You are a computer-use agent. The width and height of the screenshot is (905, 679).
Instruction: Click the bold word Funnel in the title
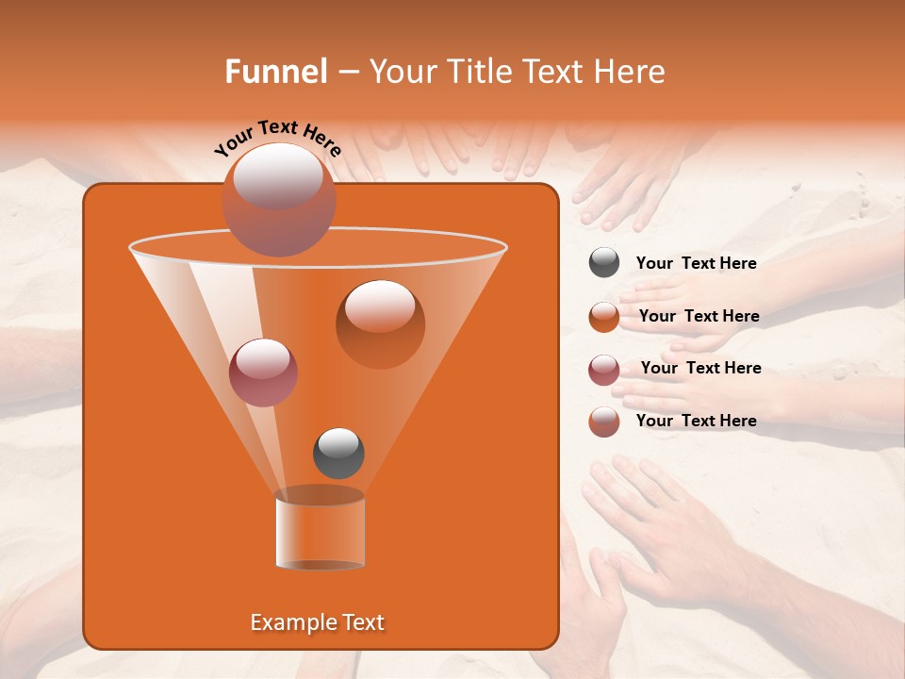pyautogui.click(x=276, y=72)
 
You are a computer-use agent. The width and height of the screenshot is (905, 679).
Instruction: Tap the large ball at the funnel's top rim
pyautogui.click(x=278, y=199)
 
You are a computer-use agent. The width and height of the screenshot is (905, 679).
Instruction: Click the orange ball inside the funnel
pyautogui.click(x=380, y=323)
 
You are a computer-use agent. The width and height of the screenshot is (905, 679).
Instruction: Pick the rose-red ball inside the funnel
pyautogui.click(x=263, y=372)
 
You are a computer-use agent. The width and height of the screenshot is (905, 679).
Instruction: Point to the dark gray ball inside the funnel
pyautogui.click(x=338, y=453)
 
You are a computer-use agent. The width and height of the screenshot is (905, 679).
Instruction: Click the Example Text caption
pyautogui.click(x=317, y=622)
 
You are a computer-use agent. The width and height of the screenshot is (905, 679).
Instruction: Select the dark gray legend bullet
pyautogui.click(x=604, y=263)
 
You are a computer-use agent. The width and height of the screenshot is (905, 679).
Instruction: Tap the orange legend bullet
pyautogui.click(x=604, y=316)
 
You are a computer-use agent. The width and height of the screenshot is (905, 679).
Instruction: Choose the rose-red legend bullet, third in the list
pyautogui.click(x=604, y=369)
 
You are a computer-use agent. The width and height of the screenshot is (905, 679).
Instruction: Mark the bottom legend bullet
pyautogui.click(x=604, y=422)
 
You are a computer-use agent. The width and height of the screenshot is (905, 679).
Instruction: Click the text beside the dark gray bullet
pyautogui.click(x=696, y=264)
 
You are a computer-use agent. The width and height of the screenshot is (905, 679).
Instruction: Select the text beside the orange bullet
pyautogui.click(x=699, y=317)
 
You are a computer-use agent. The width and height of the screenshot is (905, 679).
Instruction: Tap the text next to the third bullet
pyautogui.click(x=700, y=369)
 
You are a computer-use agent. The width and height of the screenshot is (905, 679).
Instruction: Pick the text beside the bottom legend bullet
pyautogui.click(x=696, y=421)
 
